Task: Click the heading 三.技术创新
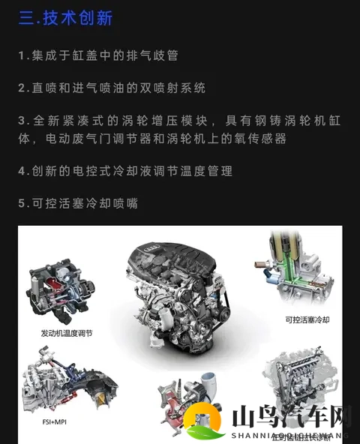coord(65,18)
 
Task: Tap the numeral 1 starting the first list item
coord(22,55)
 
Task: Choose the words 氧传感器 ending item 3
coord(262,139)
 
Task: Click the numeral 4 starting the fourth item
coord(22,171)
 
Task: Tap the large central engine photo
coord(174,300)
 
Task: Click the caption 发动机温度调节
coord(67,332)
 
